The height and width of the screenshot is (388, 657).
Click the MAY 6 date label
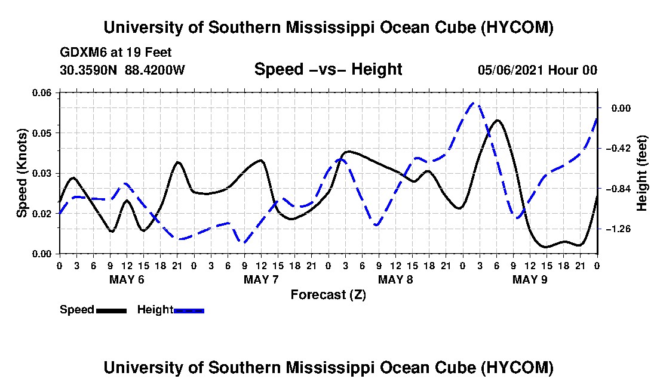point(127,279)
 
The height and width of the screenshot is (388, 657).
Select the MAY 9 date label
point(530,279)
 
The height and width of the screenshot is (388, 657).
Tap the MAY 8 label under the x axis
point(395,279)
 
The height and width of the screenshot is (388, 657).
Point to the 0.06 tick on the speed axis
point(41,93)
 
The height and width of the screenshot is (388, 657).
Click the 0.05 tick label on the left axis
point(41,133)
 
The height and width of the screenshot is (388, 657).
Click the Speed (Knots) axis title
point(22,173)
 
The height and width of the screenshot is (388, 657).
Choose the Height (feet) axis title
point(642,173)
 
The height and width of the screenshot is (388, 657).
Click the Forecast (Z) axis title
point(328,295)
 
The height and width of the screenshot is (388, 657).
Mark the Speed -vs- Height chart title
point(328,69)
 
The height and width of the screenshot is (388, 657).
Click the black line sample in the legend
point(111,310)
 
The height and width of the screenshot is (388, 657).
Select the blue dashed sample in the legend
point(189,310)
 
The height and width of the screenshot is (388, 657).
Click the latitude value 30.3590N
point(88,70)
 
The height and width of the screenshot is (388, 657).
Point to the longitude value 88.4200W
point(155,70)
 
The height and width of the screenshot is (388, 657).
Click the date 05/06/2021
point(511,70)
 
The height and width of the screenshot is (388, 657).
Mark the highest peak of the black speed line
point(497,120)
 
